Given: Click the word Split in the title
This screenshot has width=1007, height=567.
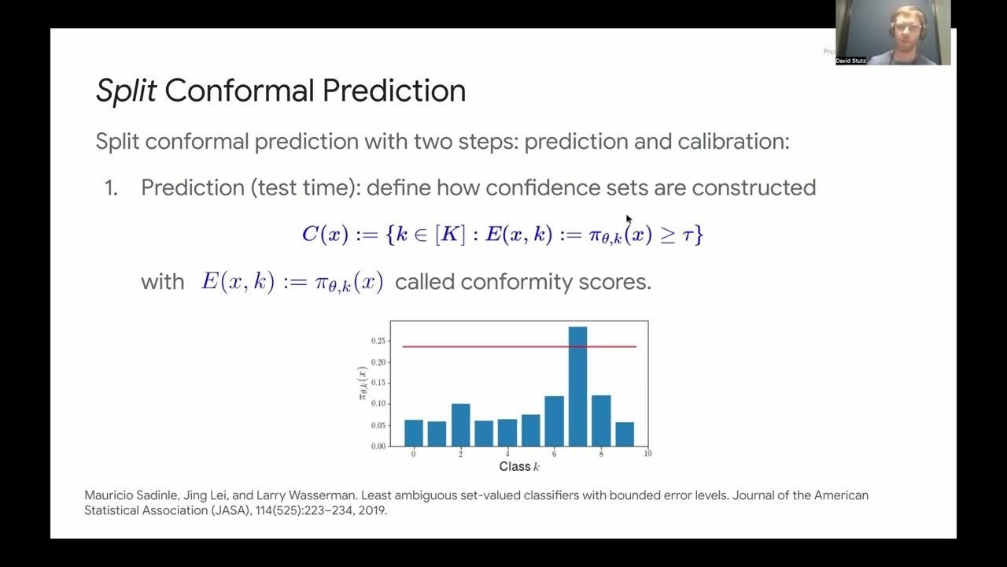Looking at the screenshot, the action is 127,91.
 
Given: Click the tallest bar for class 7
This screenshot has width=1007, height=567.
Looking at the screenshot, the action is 577,386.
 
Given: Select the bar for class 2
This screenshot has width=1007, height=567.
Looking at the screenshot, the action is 461,424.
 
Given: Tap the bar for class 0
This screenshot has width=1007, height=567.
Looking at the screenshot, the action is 414,433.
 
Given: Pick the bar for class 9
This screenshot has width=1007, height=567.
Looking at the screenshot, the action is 625,434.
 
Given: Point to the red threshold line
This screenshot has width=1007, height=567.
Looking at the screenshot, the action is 519,346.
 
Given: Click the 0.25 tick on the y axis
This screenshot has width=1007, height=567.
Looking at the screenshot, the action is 378,341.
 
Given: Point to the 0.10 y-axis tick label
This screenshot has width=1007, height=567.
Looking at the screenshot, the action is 378,404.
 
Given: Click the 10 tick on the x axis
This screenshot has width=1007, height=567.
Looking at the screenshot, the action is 647,453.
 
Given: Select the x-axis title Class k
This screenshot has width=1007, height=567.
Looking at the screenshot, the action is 519,467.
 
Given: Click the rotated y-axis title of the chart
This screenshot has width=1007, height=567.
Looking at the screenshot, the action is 363,384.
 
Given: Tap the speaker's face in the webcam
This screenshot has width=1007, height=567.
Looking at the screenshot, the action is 907,28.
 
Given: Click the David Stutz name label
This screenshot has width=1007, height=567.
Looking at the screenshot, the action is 850,61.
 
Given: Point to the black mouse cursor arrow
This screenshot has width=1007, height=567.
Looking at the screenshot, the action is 629,220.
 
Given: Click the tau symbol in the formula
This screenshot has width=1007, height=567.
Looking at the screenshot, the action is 688,235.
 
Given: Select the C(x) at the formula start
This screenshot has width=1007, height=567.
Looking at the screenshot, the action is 325,234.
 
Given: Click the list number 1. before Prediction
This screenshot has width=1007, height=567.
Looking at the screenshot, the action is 111,187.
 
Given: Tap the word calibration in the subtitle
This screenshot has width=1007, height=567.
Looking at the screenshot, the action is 733,141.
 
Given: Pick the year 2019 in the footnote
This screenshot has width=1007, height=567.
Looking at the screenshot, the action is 372,511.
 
